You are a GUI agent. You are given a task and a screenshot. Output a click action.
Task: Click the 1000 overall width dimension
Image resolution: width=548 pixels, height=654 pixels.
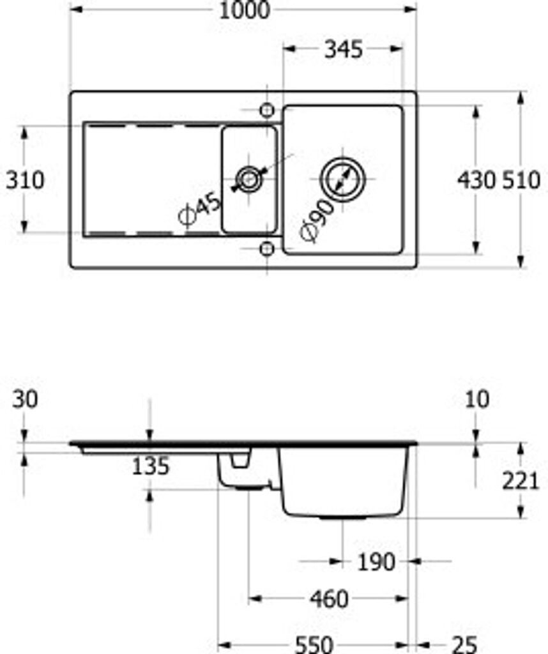(x=243, y=10)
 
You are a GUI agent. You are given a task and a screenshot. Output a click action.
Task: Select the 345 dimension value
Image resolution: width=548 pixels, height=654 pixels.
(x=343, y=49)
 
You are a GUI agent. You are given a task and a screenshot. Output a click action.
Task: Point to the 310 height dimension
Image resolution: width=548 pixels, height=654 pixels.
(x=26, y=180)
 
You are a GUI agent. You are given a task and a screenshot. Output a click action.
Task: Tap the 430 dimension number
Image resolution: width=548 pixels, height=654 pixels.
(x=476, y=180)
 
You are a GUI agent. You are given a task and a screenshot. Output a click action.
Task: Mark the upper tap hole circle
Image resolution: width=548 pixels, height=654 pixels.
(x=268, y=110)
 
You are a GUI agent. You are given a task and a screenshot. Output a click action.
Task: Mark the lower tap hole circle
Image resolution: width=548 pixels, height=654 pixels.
(x=268, y=248)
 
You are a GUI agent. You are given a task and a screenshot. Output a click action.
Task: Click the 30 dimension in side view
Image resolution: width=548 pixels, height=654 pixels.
(x=26, y=399)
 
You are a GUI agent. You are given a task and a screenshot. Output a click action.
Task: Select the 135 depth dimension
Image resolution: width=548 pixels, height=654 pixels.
(x=151, y=467)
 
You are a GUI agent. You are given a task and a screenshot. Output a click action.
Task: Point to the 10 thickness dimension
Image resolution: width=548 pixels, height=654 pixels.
(x=477, y=399)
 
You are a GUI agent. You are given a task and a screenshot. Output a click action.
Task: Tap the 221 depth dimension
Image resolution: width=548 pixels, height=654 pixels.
(x=521, y=480)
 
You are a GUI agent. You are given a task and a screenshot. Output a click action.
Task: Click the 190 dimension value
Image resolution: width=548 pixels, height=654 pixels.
(x=376, y=562)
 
